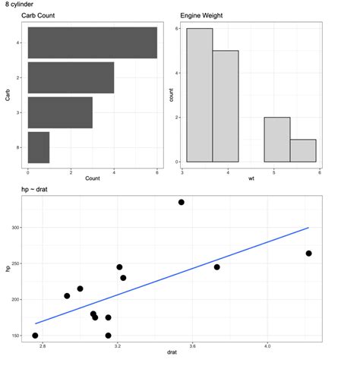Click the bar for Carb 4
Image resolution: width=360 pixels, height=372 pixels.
(92, 43)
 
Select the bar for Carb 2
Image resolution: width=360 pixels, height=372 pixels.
(71, 77)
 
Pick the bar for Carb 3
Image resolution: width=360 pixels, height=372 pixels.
(60, 112)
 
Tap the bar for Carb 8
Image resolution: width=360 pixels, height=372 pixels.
(39, 147)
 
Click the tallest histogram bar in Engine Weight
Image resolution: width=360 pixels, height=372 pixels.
(200, 95)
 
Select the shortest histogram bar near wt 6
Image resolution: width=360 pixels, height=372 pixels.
(303, 150)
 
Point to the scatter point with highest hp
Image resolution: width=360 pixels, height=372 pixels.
(182, 202)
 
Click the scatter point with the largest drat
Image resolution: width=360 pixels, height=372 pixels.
(308, 253)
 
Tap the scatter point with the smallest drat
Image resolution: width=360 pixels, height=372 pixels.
(35, 335)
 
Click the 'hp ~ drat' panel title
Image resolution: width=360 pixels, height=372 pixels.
(37, 188)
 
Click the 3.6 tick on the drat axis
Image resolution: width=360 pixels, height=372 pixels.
(192, 346)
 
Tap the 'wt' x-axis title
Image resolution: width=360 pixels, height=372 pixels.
(251, 178)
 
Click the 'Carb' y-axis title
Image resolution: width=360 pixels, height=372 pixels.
(8, 95)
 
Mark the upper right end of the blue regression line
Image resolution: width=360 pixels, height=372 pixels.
(308, 228)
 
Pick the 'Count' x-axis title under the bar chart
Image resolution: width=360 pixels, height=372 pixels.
(92, 178)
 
